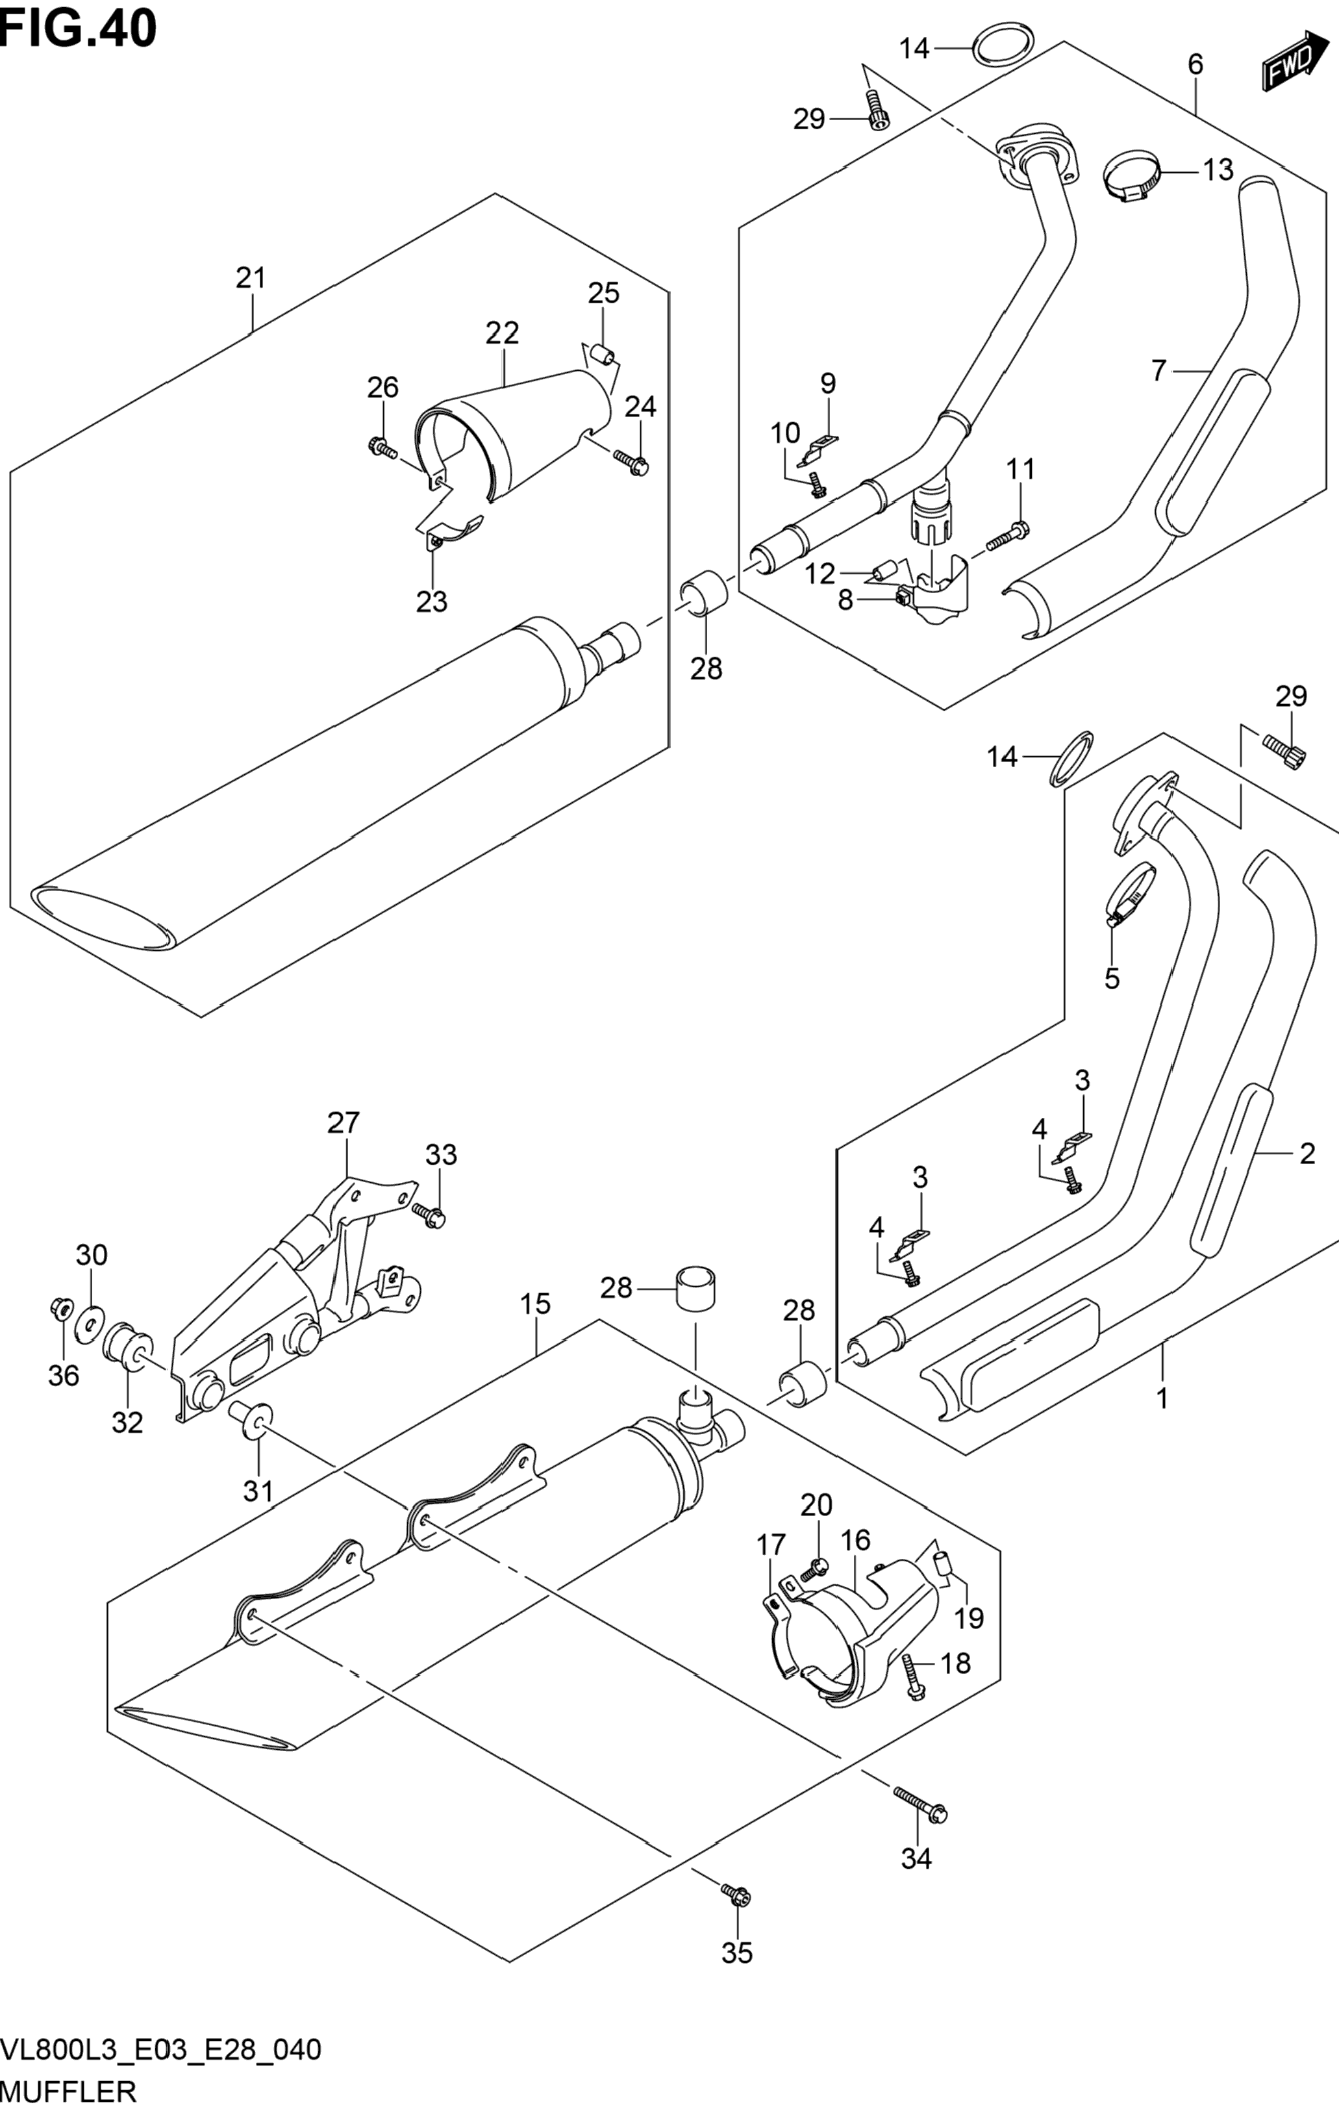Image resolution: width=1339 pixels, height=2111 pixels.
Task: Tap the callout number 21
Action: click(x=251, y=278)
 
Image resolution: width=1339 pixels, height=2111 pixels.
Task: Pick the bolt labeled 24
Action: click(x=632, y=461)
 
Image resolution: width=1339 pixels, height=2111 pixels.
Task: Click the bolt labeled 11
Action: click(x=1008, y=535)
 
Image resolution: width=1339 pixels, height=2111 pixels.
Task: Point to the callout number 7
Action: click(x=1158, y=372)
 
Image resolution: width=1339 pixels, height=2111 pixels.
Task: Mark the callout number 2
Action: click(x=1307, y=1154)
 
